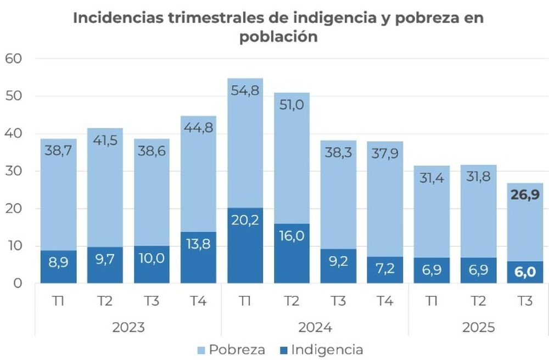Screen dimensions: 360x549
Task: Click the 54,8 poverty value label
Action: [x=245, y=91]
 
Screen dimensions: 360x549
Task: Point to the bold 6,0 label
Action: [x=525, y=271]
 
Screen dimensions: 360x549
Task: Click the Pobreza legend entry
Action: [x=231, y=350]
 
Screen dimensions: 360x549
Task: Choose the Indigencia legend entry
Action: [x=321, y=350]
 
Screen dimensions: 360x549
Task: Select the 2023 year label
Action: [x=128, y=328]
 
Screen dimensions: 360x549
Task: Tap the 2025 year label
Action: [x=479, y=328]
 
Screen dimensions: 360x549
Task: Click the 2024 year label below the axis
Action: [x=315, y=328]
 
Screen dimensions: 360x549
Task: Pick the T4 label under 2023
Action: [x=198, y=302]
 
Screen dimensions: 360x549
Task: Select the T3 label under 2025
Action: [x=525, y=302]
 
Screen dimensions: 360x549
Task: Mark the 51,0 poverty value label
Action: [x=292, y=105]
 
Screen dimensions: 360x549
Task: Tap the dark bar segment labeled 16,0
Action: [x=292, y=254]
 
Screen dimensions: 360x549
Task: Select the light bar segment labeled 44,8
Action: [x=198, y=165]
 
